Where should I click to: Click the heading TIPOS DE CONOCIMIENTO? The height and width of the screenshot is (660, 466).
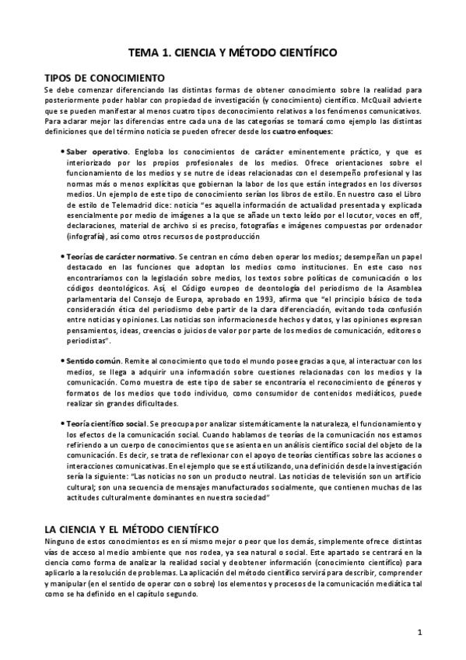click(104, 79)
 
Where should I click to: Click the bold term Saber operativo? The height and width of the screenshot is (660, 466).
click(97, 150)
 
